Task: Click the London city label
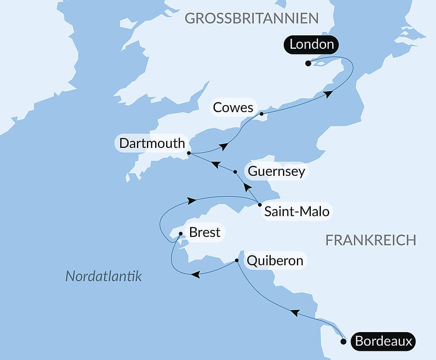312,45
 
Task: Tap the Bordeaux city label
384,341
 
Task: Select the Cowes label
233,108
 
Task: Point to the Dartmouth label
152,144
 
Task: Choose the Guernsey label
276,171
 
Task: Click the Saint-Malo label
297,213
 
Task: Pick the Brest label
204,233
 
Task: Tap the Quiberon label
275,261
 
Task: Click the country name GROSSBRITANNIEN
252,18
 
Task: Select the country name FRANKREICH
371,240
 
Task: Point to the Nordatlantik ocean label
104,276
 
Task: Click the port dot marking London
308,63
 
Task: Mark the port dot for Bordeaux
344,342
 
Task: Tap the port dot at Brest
181,233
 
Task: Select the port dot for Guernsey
235,172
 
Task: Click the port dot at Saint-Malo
260,205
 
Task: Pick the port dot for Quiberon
237,261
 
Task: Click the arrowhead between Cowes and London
328,93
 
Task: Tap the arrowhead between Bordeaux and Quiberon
295,312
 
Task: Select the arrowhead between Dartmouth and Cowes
224,147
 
